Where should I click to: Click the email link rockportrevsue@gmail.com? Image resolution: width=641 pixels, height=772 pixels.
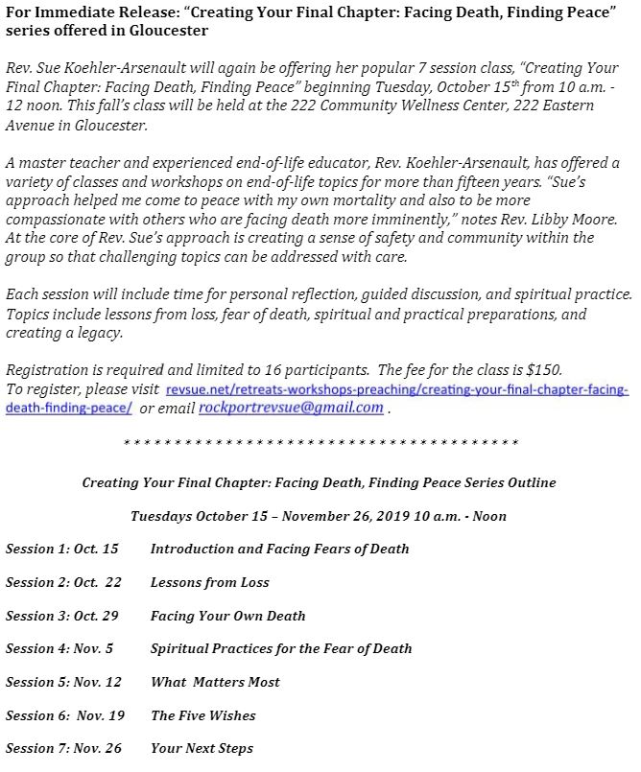tap(291, 408)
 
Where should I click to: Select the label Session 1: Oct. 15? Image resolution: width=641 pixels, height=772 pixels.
tap(62, 550)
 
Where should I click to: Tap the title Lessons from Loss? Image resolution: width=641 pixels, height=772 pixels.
tap(209, 582)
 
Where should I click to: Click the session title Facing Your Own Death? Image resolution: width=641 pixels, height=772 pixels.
tap(227, 616)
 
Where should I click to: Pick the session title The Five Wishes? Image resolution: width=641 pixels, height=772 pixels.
tap(202, 715)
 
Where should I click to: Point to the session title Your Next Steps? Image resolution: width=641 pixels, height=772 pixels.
tap(202, 748)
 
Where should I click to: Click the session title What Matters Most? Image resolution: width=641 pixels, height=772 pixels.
tap(215, 682)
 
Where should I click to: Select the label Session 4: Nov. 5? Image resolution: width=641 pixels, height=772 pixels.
tap(59, 649)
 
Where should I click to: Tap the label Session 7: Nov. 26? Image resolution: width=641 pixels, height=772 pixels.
tap(63, 748)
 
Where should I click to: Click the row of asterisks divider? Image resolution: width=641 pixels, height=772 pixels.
tap(320, 442)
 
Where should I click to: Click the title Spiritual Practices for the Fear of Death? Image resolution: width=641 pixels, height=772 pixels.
tap(281, 649)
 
